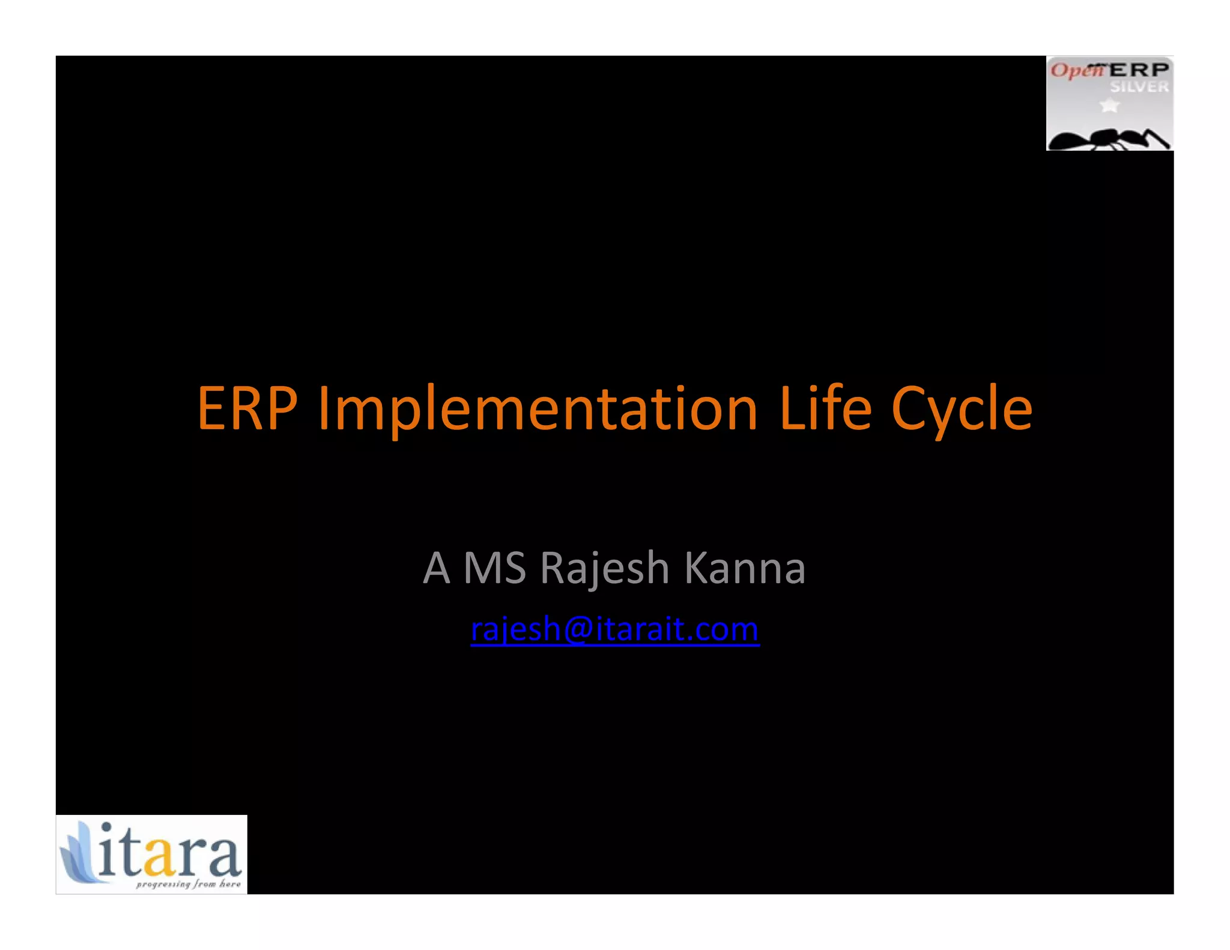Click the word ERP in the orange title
(247, 409)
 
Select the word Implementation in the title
(538, 409)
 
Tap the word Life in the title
(825, 409)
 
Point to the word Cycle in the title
(962, 409)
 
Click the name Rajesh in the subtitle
(604, 568)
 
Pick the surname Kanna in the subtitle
(745, 568)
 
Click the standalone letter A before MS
(436, 568)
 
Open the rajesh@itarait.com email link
(614, 630)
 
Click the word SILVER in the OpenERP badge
(1139, 87)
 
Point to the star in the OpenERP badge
(1109, 106)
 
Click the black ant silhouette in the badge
(1105, 139)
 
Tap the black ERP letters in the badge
(1139, 70)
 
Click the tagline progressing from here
(187, 884)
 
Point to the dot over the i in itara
(106, 827)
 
